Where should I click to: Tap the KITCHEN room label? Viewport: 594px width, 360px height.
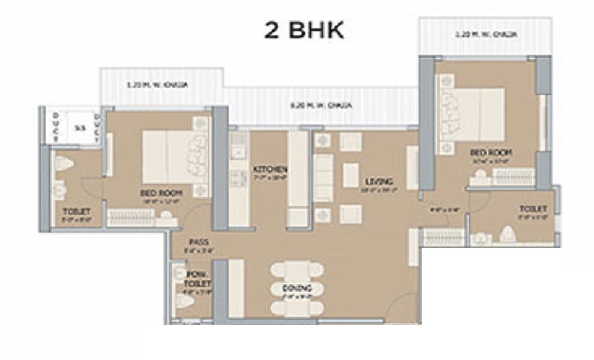tap(269, 169)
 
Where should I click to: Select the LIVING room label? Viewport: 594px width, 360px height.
tap(379, 181)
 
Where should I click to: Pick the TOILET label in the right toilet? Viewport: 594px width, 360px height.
tap(533, 208)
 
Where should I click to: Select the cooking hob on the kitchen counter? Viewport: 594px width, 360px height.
tap(239, 178)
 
